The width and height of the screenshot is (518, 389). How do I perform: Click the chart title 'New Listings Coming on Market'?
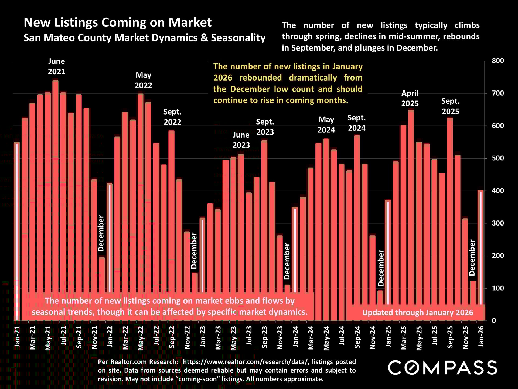tap(118, 22)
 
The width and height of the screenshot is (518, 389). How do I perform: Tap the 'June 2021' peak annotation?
tap(57, 66)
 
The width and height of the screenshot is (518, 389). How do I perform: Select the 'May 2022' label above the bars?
tap(143, 80)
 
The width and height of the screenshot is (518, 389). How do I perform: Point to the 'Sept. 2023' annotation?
tap(265, 127)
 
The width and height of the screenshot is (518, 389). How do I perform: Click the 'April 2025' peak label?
tap(410, 98)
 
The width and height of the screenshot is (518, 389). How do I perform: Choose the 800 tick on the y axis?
tap(498, 61)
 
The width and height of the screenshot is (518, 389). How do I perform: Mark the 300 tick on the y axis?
tap(498, 223)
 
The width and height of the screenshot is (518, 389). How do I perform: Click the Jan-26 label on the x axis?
tap(481, 336)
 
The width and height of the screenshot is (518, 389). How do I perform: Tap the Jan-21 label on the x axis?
tap(17, 336)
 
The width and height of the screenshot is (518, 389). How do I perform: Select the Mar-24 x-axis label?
tap(311, 338)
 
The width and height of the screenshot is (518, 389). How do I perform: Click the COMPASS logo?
tap(442, 368)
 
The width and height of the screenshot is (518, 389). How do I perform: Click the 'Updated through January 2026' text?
tap(417, 313)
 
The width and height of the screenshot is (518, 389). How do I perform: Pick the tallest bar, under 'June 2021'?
tap(55, 189)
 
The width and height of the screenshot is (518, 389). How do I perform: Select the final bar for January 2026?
tap(480, 243)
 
